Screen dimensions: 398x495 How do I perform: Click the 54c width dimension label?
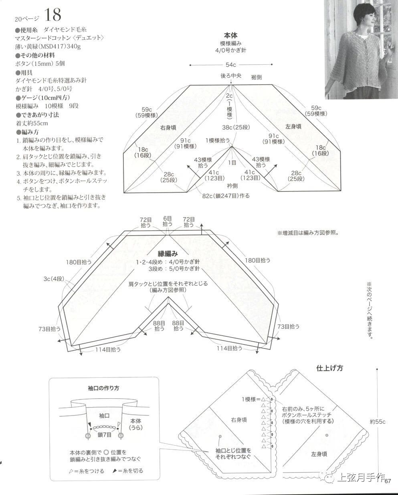(230, 65)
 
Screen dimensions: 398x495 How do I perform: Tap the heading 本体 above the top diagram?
(230, 35)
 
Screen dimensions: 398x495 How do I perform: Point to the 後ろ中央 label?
(230, 76)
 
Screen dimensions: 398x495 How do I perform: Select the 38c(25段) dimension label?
(236, 127)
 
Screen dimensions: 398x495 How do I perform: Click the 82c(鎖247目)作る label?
(226, 196)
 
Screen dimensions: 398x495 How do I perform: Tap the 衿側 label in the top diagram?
(232, 185)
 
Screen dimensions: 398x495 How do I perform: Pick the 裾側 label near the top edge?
(256, 77)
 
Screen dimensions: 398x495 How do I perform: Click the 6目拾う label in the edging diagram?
(168, 221)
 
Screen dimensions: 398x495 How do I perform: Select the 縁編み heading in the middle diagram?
(168, 254)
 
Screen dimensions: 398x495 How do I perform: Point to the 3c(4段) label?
(54, 279)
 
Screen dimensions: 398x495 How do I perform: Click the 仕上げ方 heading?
(329, 368)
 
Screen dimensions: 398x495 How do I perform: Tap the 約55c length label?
(378, 422)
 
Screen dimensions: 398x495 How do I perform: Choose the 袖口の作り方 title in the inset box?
(103, 388)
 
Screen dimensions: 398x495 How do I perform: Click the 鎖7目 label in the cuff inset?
(105, 435)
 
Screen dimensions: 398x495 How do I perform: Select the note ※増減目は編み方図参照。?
(308, 233)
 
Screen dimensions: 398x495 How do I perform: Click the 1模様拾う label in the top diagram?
(218, 141)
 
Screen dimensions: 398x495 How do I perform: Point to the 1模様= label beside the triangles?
(251, 399)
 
